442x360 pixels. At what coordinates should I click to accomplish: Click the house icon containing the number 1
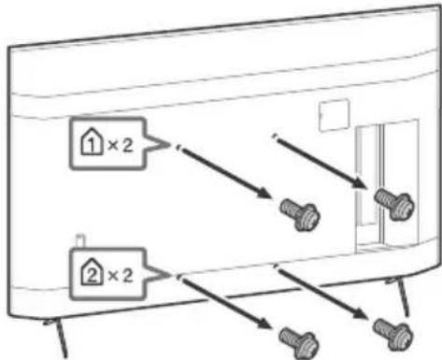[91, 141]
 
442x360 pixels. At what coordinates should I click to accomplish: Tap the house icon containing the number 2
[92, 272]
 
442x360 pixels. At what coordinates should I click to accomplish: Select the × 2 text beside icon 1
[120, 145]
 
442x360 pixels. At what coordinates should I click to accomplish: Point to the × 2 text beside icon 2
[120, 276]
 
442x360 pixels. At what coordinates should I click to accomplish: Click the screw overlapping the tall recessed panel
[394, 204]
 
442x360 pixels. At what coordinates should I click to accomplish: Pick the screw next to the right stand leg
[393, 334]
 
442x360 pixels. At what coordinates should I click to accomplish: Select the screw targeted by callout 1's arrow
[300, 215]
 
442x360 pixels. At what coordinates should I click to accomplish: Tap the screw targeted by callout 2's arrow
[298, 343]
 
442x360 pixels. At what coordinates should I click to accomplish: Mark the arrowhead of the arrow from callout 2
[264, 323]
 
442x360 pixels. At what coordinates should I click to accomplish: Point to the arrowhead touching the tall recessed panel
[360, 182]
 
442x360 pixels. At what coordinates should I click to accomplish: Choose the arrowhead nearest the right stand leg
[360, 313]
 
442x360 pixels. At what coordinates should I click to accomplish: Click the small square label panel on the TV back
[334, 114]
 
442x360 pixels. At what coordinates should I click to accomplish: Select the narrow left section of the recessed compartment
[367, 175]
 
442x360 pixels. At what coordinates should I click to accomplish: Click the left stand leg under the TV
[58, 338]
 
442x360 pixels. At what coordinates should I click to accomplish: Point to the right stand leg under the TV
[400, 295]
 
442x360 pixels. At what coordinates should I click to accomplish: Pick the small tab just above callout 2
[80, 240]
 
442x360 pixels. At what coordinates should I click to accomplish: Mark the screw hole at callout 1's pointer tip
[178, 147]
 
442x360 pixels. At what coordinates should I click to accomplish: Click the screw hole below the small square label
[275, 137]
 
